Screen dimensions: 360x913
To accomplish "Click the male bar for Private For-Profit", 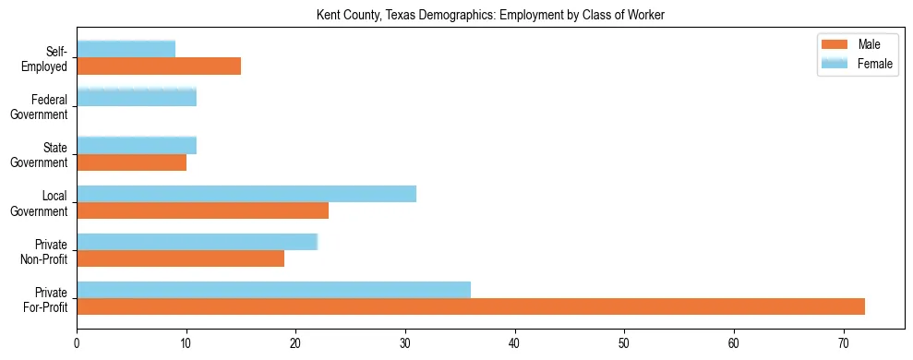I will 471,306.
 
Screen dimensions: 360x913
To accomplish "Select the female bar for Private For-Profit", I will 273,290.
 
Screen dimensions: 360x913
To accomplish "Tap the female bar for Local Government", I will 246,194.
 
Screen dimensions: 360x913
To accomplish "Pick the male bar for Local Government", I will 202,210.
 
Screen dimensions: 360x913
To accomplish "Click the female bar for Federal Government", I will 137,97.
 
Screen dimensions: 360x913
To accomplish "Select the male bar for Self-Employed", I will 159,66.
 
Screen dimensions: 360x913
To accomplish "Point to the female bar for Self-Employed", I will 126,49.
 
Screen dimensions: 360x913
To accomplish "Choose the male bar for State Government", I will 131,162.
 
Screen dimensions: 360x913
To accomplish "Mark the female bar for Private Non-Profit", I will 197,242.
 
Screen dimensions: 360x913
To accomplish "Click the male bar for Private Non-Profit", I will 180,258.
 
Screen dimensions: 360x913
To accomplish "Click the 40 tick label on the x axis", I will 515,343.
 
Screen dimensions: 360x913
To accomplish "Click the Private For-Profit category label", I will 45,298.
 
